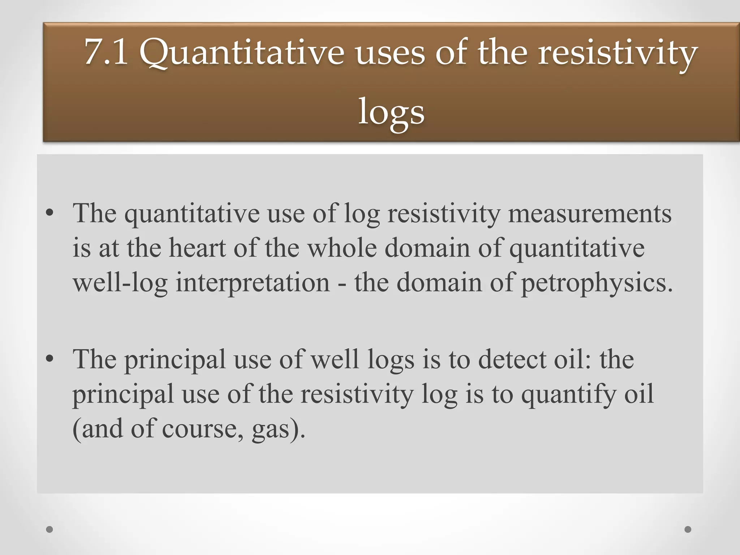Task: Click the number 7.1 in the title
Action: [x=106, y=53]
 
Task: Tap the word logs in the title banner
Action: [x=391, y=113]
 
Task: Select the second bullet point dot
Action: [x=50, y=359]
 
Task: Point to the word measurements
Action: [x=590, y=214]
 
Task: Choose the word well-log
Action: [x=120, y=283]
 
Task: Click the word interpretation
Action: [x=253, y=283]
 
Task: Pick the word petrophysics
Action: [x=597, y=283]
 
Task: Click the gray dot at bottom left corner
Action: [x=50, y=530]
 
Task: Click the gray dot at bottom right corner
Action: [x=688, y=529]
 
